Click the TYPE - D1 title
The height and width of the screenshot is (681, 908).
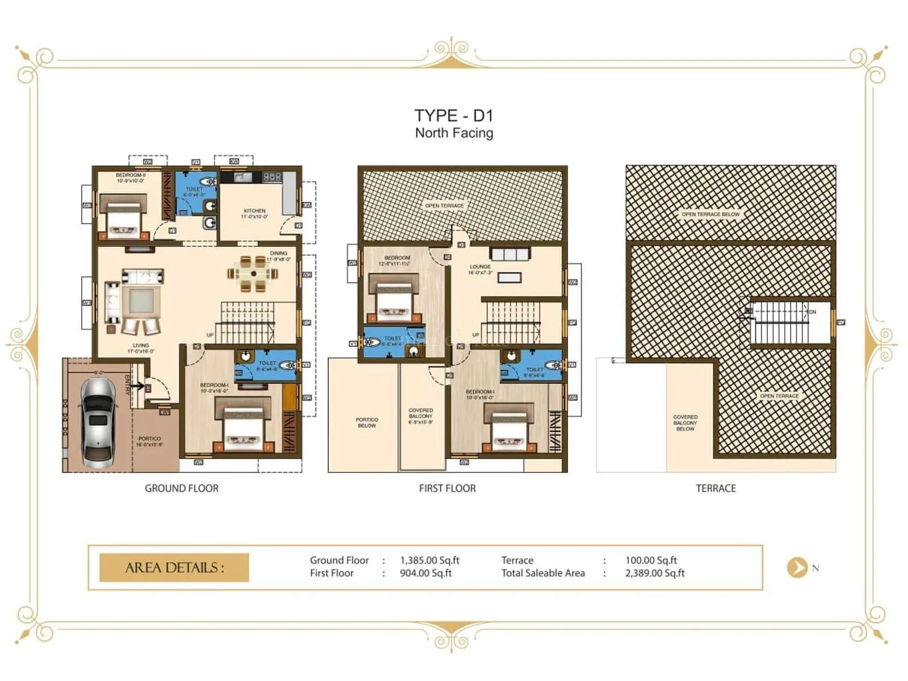(x=453, y=116)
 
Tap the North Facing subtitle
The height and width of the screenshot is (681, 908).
(x=453, y=133)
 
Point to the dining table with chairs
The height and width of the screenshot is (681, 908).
(x=253, y=274)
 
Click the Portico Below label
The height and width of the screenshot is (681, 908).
(x=367, y=422)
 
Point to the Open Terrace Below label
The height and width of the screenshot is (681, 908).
(x=711, y=215)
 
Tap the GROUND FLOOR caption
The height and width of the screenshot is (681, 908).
(x=182, y=488)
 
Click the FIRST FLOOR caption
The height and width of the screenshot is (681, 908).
(x=447, y=488)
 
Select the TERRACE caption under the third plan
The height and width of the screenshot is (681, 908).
(x=716, y=488)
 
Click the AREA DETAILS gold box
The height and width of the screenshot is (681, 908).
(x=174, y=567)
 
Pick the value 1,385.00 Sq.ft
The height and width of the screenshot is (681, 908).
(x=430, y=560)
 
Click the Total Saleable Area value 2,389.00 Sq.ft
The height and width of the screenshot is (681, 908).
(x=655, y=573)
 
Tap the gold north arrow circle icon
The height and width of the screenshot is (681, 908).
(x=797, y=567)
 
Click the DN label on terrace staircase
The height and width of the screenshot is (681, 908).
(x=812, y=312)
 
